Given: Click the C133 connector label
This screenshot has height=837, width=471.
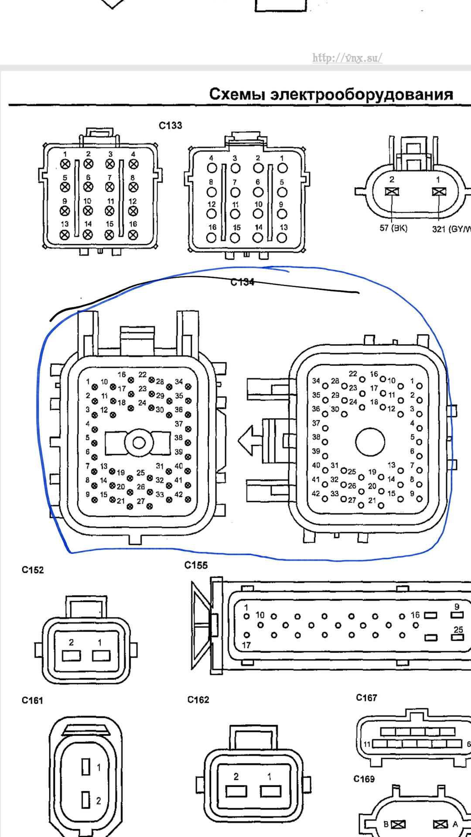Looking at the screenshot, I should (170, 126).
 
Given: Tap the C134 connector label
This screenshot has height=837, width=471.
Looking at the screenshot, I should (242, 282).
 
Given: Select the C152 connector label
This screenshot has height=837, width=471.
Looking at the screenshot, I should (33, 570).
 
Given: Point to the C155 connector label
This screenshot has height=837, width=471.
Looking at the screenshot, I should (196, 565).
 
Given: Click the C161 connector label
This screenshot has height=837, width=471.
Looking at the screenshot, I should (33, 701).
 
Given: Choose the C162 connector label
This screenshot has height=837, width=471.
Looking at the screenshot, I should (198, 700).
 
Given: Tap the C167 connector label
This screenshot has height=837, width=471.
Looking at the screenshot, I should (366, 698).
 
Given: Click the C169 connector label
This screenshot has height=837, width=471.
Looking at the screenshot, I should (364, 779).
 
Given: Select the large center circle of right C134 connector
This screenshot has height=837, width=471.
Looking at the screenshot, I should (370, 442).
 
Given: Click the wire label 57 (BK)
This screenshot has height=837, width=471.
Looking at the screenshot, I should (393, 228).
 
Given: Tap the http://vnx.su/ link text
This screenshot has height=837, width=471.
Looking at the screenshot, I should (347, 58).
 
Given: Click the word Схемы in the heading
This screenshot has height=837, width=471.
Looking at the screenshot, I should (237, 94).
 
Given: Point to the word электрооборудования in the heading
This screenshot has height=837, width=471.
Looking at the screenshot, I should (362, 94).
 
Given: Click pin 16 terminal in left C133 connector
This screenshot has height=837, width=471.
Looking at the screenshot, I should (133, 235).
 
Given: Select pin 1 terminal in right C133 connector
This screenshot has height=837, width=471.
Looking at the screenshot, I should (283, 168).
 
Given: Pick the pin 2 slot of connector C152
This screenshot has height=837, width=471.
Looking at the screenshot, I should (72, 656).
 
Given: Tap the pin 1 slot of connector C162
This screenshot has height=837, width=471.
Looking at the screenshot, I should (270, 791).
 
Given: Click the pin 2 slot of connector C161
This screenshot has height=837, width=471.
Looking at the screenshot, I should (86, 800).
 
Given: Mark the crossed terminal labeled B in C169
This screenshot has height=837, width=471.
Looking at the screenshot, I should (398, 824).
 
